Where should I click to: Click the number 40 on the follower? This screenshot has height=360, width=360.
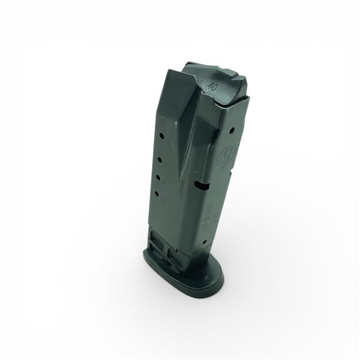coord(211,86)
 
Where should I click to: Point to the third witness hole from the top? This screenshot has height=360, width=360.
coord(159,177)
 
